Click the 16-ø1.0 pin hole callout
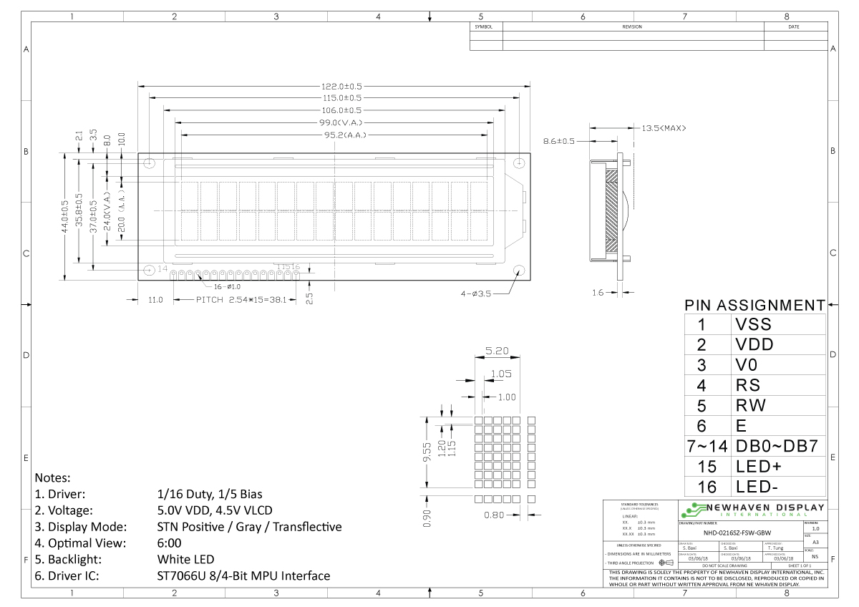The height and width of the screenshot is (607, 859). (x=227, y=286)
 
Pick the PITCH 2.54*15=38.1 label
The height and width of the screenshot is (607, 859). (x=241, y=299)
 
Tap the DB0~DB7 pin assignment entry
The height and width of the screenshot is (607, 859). (x=777, y=446)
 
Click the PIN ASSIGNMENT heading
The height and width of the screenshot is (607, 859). (x=754, y=305)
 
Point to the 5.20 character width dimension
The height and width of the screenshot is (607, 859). (x=498, y=351)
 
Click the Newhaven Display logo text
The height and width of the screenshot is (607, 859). (x=762, y=508)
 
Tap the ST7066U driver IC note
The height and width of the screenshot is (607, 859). (x=243, y=576)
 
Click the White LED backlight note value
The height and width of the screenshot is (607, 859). (x=185, y=559)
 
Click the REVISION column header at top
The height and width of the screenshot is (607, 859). (x=632, y=26)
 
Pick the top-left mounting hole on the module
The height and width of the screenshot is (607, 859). (x=150, y=163)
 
